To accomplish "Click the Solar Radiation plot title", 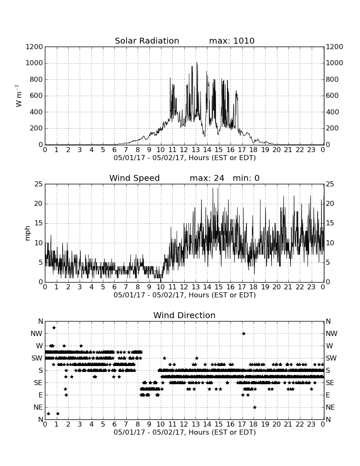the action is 147,41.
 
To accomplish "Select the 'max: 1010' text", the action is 232,41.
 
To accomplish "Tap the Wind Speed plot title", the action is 134,178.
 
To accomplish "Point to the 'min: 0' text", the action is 246,178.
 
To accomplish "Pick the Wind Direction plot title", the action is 184,315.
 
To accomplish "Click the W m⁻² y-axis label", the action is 18,96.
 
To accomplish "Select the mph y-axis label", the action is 28,233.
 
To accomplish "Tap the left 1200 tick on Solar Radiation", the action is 34,47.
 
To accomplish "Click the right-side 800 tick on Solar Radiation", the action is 332,79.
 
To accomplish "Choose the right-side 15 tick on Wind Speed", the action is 330,223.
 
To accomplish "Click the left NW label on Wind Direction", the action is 36,333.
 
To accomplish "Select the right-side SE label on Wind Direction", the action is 330,383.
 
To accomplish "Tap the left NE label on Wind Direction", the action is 38,407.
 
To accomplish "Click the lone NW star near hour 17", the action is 244,333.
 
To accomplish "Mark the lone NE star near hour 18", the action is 255,407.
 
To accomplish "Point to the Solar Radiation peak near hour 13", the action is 197,62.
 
